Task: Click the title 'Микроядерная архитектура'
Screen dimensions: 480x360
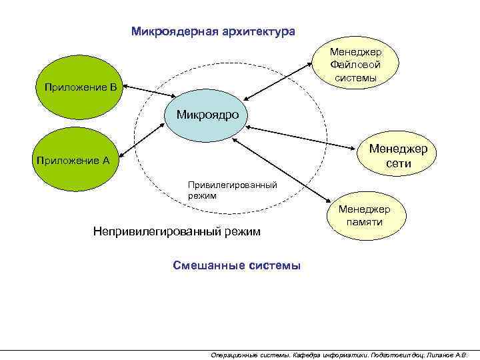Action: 213,31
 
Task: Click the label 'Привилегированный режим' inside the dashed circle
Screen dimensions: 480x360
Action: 231,191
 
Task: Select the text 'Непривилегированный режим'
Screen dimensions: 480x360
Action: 176,232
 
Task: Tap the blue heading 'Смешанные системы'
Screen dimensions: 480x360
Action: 237,265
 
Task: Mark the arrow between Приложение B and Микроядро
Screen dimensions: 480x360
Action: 150,93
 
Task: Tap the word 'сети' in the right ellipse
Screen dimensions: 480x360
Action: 402,164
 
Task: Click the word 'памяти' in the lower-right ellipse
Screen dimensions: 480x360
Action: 364,222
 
